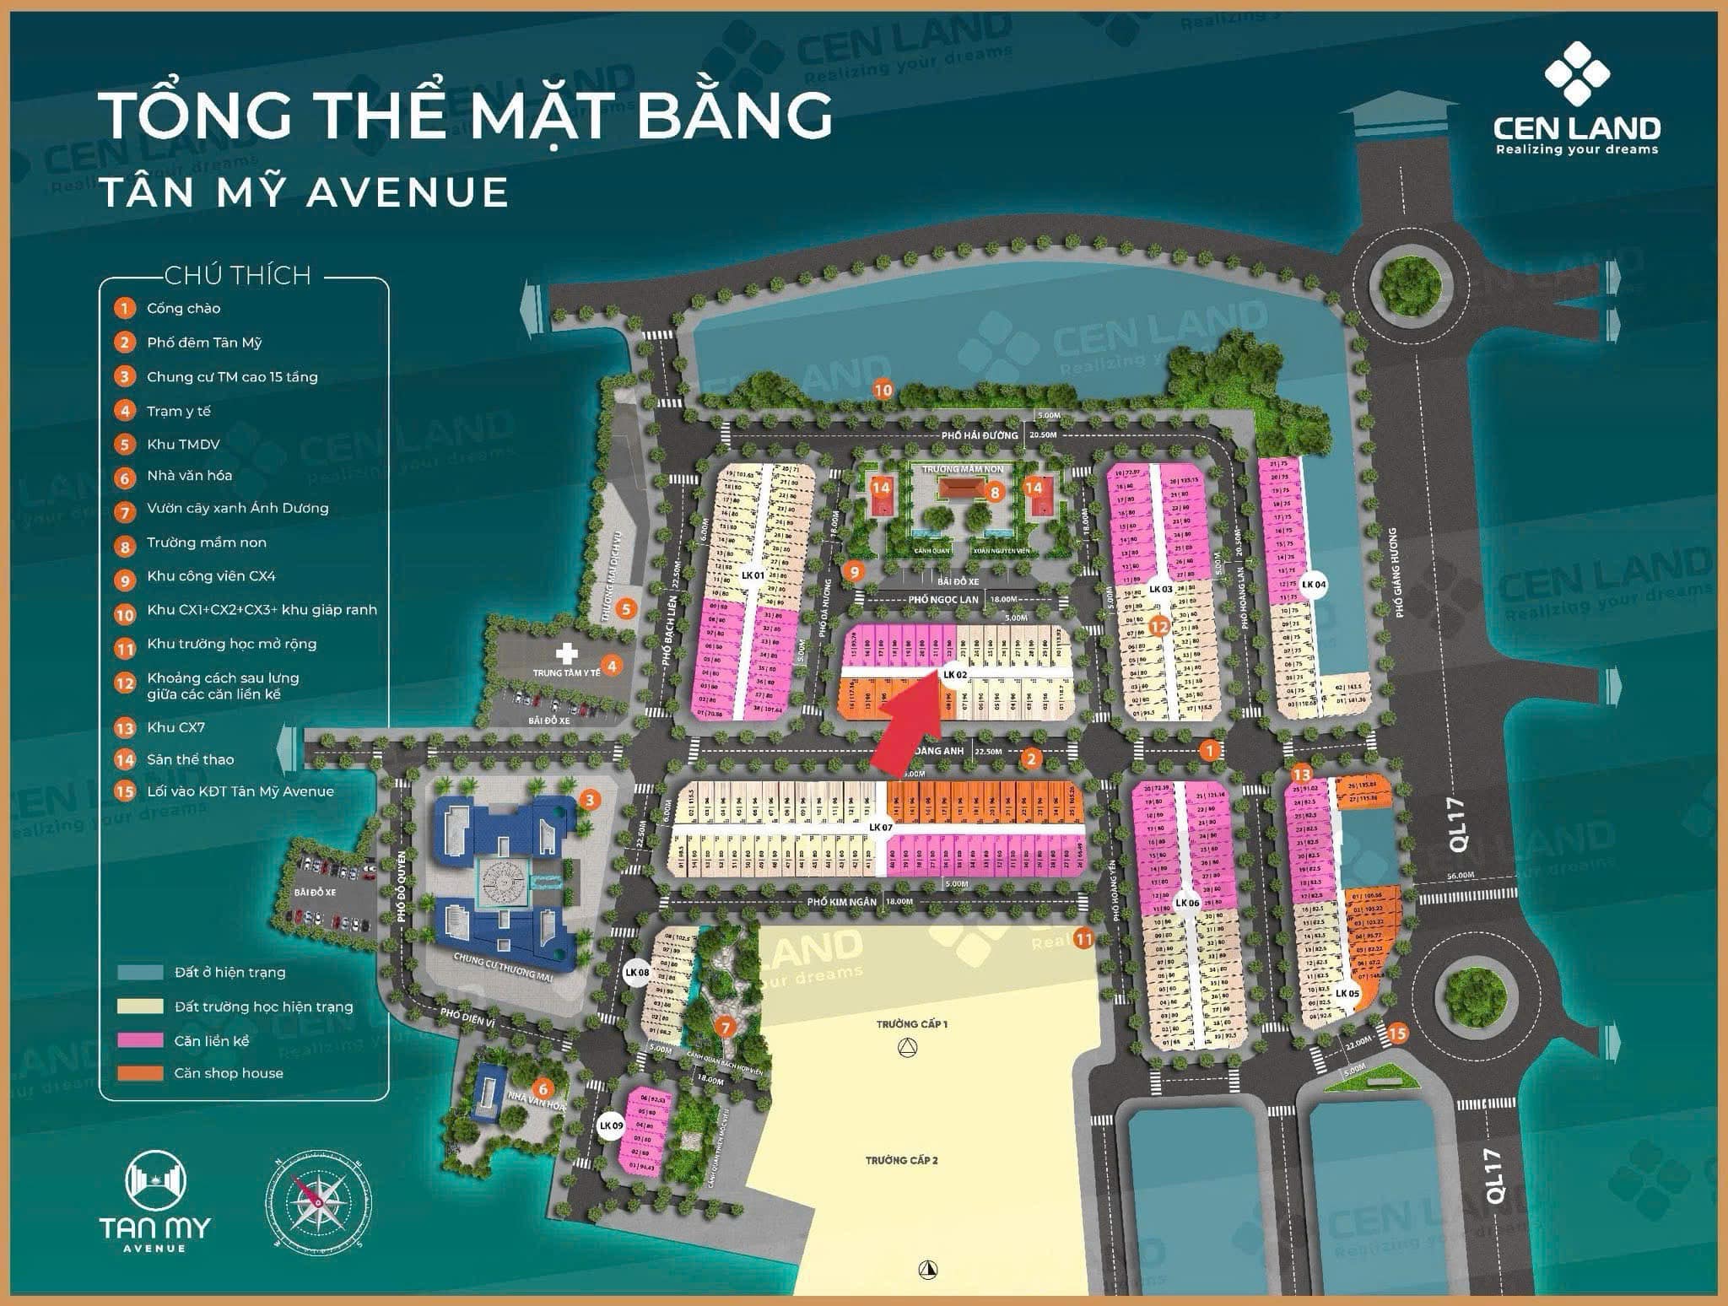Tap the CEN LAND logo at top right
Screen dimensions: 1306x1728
[x=1576, y=101]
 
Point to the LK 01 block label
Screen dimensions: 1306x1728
[x=752, y=575]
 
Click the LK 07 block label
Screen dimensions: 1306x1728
[x=880, y=827]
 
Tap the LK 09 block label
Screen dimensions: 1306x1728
[x=610, y=1125]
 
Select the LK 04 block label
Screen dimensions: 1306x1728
[x=1314, y=584]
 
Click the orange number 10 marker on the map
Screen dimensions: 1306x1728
[x=883, y=390]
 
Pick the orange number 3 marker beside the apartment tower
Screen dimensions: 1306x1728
[x=589, y=800]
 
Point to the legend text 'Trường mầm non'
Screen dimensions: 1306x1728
[x=206, y=542]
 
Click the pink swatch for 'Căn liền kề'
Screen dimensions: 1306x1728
[x=140, y=1040]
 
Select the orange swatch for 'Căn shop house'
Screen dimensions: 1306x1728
[x=140, y=1073]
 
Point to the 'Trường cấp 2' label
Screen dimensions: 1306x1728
[x=901, y=1160]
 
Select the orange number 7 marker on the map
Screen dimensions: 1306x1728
[x=725, y=1027]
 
